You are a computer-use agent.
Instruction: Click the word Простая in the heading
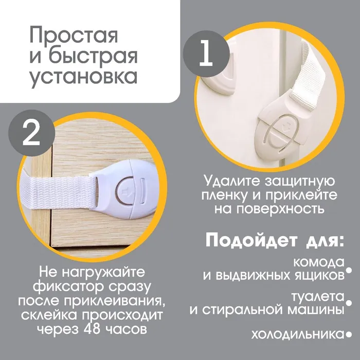click(x=74, y=35)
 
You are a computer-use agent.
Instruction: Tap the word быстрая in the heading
click(x=93, y=57)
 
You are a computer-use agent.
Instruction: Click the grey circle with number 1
click(x=206, y=54)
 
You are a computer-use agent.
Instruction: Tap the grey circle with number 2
click(x=32, y=133)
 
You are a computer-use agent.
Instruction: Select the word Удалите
click(x=232, y=181)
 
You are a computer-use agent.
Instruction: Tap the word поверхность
click(x=280, y=209)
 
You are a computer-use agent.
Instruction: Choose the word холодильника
click(x=298, y=335)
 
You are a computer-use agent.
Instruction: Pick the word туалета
click(x=318, y=296)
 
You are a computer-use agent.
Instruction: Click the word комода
click(x=319, y=262)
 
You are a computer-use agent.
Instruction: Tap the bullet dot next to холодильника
click(x=349, y=335)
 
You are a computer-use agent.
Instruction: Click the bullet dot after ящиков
click(x=349, y=271)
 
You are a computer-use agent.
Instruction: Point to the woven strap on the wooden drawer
click(x=59, y=192)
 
